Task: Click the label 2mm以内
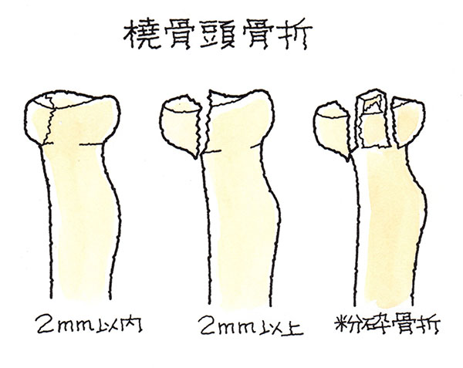[x=90, y=324]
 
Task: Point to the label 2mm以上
[x=250, y=325]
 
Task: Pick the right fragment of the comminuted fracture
[x=408, y=121]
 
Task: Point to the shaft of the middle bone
[x=240, y=228]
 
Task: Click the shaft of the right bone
[x=387, y=230]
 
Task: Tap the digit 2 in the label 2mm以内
[x=44, y=324]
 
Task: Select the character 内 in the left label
[x=132, y=325]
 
